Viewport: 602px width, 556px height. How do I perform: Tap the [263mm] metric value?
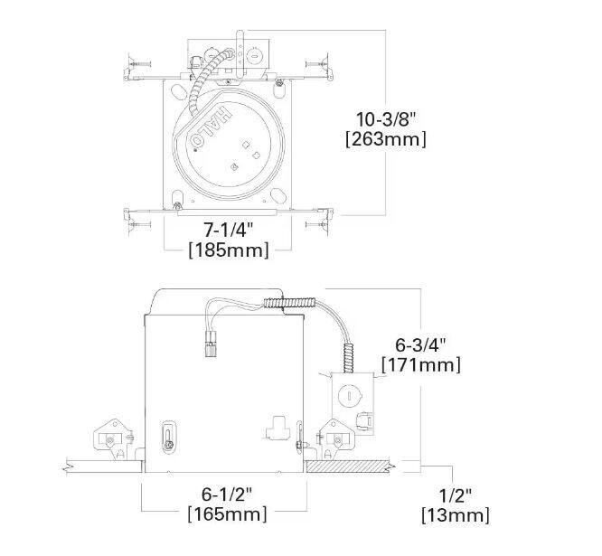[386, 139]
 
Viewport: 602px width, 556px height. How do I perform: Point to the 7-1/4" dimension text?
[228, 230]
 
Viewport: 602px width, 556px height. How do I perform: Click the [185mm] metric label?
[228, 250]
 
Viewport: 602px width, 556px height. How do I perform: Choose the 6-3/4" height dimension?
[421, 344]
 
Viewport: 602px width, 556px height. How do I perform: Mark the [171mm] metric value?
[420, 365]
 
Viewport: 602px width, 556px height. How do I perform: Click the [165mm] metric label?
[227, 514]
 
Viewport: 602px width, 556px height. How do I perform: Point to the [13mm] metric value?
[456, 515]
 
